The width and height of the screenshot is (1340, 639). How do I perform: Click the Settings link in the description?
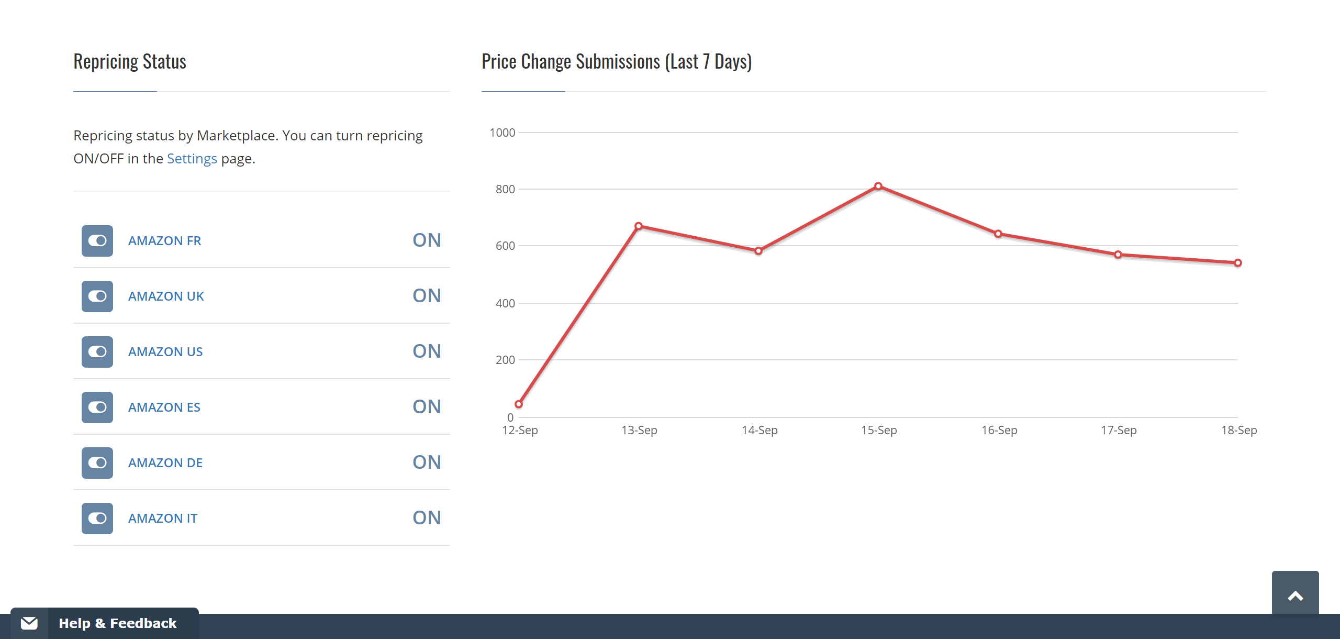(192, 159)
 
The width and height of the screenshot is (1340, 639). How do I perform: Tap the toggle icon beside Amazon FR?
(97, 241)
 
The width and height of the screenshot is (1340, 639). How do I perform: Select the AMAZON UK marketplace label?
(166, 296)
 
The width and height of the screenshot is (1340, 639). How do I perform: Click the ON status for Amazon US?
(427, 351)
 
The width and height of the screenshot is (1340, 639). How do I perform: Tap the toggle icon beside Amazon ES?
(97, 407)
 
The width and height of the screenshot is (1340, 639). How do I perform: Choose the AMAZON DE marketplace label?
(165, 463)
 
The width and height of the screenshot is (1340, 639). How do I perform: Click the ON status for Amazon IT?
(427, 518)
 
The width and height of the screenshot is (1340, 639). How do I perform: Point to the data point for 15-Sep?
(878, 186)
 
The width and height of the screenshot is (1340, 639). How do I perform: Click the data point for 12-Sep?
(519, 404)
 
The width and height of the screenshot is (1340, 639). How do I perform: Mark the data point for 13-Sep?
(639, 226)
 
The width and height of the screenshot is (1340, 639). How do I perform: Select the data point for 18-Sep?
(1238, 263)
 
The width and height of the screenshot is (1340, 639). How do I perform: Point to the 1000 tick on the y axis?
(502, 133)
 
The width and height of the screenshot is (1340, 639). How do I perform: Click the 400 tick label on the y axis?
(505, 304)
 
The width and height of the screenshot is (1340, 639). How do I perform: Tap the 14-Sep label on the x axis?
(760, 431)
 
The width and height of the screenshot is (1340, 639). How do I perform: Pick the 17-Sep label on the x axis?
(1119, 431)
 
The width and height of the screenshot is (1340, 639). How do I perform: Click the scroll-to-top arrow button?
(1295, 596)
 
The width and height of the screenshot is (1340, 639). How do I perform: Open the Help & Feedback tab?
(117, 623)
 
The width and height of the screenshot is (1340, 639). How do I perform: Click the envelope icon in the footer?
(29, 623)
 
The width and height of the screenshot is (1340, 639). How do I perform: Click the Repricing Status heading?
(130, 62)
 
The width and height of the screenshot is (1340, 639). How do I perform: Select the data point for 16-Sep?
(998, 234)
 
